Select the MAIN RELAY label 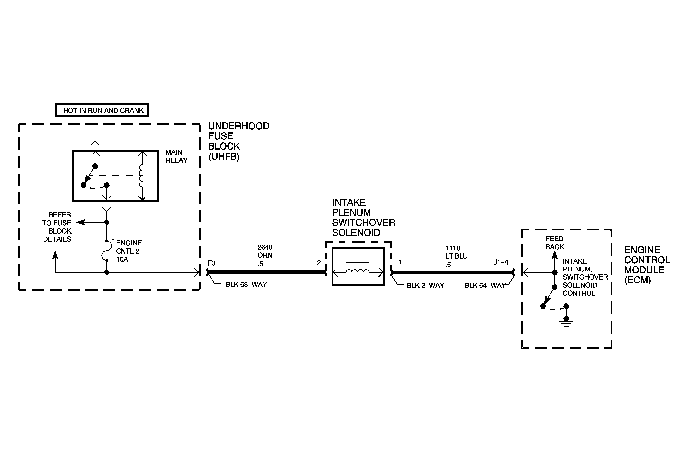click(176, 156)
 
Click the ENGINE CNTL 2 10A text click(129, 251)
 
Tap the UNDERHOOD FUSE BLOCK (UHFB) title click(239, 141)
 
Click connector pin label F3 click(211, 263)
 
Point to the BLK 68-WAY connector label click(246, 284)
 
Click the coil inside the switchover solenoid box click(357, 271)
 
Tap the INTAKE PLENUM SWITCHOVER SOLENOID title click(363, 217)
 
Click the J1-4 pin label click(501, 262)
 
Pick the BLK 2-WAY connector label click(425, 285)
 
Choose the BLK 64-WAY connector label click(485, 285)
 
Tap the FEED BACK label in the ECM click(555, 243)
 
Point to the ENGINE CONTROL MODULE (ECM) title click(647, 265)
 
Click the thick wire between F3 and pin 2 click(266, 272)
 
